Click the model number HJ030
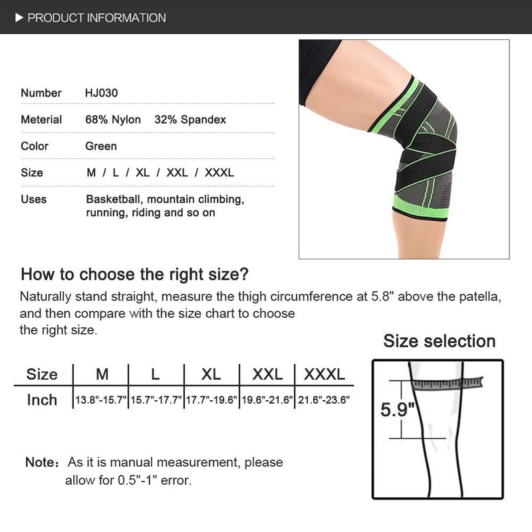point(101,93)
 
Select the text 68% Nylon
point(113,120)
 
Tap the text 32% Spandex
point(190,120)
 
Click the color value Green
point(101,146)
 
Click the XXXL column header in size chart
point(325,374)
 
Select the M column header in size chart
point(102,374)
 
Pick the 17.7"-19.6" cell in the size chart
point(211,400)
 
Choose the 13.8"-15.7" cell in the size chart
point(100,400)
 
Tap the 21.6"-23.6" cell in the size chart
point(325,400)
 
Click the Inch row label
point(42,400)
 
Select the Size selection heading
point(439,342)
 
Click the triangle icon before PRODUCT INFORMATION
point(19,17)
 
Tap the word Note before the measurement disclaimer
point(39,462)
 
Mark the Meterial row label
point(41,120)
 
